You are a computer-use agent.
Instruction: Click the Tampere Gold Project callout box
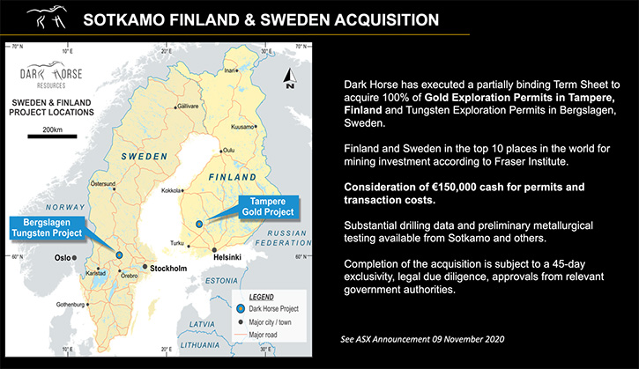(x=268, y=207)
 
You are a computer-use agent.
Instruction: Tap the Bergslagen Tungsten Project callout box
(x=47, y=228)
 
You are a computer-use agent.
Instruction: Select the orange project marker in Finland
(x=199, y=224)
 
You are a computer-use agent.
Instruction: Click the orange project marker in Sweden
(x=119, y=255)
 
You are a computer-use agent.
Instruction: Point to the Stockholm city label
(x=168, y=269)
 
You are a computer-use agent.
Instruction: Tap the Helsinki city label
(x=227, y=257)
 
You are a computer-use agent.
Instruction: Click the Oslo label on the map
(x=63, y=258)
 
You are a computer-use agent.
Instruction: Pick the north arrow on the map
(x=290, y=78)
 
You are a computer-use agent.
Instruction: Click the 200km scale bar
(x=52, y=137)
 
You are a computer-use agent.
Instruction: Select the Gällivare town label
(x=188, y=107)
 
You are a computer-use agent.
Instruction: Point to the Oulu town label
(x=229, y=151)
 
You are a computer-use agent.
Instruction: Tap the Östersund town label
(x=103, y=184)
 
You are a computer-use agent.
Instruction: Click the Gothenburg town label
(x=71, y=305)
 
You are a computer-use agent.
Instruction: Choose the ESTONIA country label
(x=221, y=281)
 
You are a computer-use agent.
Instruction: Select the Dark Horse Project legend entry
(x=268, y=309)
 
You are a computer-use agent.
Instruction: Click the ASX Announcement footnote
(x=422, y=339)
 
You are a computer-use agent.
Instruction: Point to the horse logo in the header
(x=47, y=17)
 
